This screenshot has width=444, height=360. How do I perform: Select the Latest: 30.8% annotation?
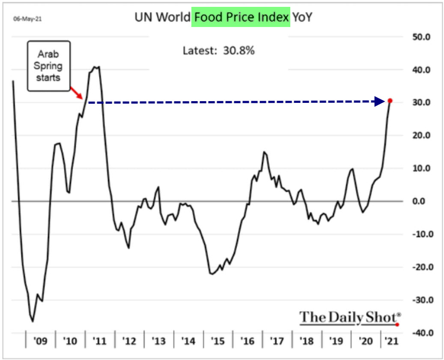tap(219, 51)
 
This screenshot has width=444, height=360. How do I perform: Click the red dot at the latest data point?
tap(390, 101)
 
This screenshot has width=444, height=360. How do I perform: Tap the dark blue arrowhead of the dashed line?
tap(379, 102)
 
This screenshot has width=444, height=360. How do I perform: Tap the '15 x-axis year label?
tap(218, 342)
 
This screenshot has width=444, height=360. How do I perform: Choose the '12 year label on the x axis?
tap(129, 342)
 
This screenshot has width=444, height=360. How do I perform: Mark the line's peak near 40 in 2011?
tap(96, 67)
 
